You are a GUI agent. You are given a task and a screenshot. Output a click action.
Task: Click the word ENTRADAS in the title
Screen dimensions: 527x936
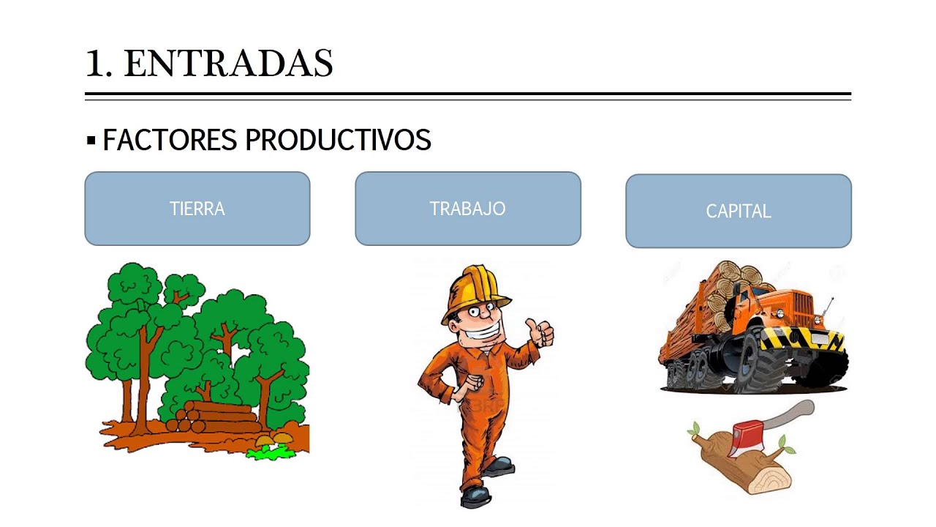click(x=229, y=64)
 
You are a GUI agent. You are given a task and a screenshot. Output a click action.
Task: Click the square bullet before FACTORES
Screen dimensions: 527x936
click(x=91, y=140)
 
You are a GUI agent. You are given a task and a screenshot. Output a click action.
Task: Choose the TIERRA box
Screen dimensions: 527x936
click(x=197, y=209)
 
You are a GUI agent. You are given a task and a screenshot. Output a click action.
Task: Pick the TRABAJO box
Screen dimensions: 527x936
click(x=468, y=209)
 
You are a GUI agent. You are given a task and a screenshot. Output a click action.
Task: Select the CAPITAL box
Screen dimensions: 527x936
click(x=739, y=211)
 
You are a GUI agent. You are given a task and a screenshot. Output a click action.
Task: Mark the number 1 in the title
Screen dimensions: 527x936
click(x=98, y=64)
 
